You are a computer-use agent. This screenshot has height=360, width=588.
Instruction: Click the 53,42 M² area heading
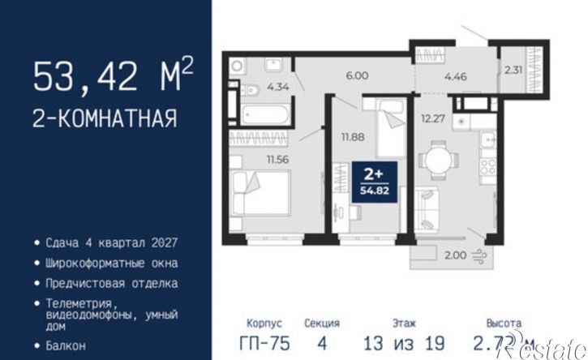pos(113,77)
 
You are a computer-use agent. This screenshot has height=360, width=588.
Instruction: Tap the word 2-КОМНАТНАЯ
pos(105,118)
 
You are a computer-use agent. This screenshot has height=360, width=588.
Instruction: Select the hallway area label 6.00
pos(358,76)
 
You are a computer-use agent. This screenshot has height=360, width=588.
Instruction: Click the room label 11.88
pos(352,136)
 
